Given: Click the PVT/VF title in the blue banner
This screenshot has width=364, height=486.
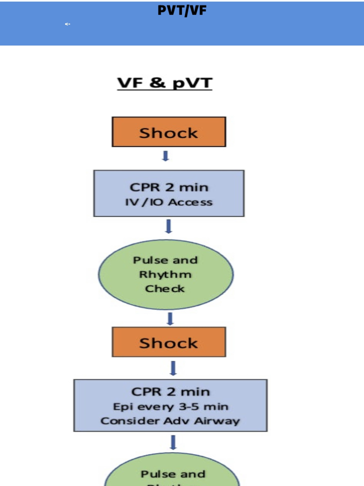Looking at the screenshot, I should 182,10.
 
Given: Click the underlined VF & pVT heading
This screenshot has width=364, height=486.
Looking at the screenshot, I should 165,83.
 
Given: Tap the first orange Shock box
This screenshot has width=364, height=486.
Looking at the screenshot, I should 169,132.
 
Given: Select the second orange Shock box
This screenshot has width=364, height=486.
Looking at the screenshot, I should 169,342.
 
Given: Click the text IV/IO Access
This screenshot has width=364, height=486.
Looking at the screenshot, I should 169,202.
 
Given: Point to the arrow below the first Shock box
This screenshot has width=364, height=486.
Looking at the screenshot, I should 166,156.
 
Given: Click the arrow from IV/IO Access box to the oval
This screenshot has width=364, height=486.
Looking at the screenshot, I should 169,226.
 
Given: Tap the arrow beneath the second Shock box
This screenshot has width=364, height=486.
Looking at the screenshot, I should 173,368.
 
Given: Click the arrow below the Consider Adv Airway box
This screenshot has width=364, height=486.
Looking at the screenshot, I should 173,442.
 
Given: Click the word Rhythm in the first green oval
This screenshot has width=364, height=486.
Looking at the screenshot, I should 165,274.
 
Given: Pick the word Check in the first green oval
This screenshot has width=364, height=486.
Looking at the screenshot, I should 165,289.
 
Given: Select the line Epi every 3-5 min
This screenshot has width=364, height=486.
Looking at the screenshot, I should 170,407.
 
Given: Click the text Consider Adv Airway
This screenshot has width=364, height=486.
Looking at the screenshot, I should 170,421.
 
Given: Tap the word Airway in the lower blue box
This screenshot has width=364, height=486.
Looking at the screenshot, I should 217,421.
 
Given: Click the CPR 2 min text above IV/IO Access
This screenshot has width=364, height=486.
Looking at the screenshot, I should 169,187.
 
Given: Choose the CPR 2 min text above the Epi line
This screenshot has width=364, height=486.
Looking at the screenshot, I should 170,392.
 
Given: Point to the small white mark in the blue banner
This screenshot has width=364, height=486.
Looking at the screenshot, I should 67,24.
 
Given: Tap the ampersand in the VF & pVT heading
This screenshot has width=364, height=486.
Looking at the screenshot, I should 157,82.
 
